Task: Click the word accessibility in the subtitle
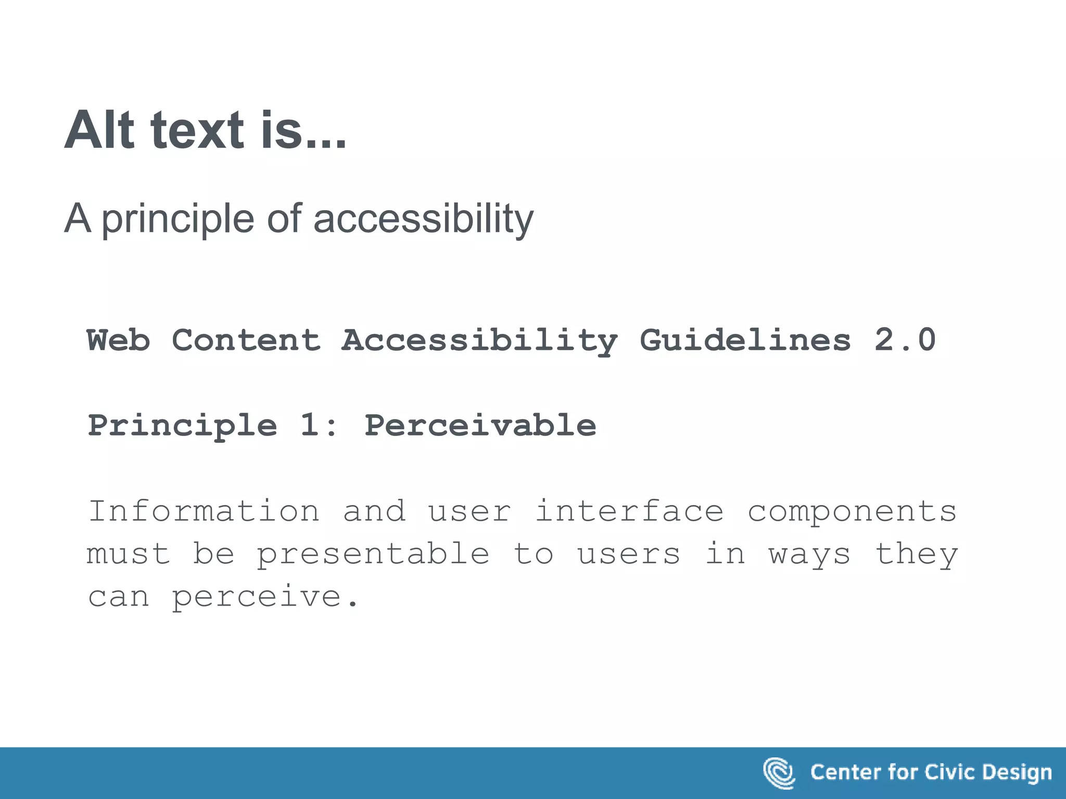click(423, 218)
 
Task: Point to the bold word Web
click(119, 340)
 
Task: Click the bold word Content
click(246, 340)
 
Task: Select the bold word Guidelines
click(745, 340)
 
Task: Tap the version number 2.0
click(905, 340)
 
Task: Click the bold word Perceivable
click(480, 426)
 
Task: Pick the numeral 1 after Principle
click(309, 426)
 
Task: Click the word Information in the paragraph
click(204, 511)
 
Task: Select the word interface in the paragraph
click(629, 511)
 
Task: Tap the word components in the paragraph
click(852, 511)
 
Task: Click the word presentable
click(373, 553)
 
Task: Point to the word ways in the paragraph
click(809, 555)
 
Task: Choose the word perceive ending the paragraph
click(256, 597)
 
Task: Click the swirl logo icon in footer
click(779, 772)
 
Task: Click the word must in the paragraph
click(129, 553)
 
